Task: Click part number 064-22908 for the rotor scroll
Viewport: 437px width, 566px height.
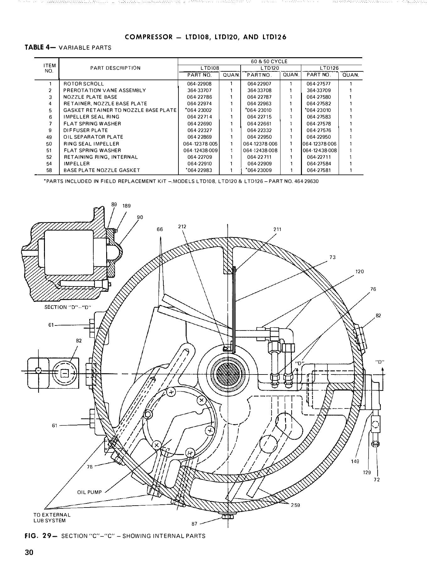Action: click(x=199, y=84)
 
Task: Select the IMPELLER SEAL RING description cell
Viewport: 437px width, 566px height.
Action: click(x=91, y=117)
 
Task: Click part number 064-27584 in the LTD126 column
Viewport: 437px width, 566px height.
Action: click(x=319, y=164)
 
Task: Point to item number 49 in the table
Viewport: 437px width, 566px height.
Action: click(x=50, y=137)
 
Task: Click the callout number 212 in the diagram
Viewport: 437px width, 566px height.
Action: click(x=182, y=226)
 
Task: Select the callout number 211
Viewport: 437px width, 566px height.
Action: click(x=277, y=229)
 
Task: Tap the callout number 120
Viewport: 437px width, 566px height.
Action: click(x=359, y=271)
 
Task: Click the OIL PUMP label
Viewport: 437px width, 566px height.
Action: click(x=90, y=492)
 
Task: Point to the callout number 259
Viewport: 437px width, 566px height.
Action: click(x=295, y=505)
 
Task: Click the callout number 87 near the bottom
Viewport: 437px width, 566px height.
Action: click(x=194, y=524)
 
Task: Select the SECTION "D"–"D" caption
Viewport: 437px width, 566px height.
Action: click(x=68, y=307)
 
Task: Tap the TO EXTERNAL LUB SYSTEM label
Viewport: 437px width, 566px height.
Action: click(x=52, y=518)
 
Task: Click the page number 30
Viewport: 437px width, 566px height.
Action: click(x=29, y=553)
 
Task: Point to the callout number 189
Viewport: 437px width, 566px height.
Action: click(x=127, y=206)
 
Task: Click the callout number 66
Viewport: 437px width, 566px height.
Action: click(x=160, y=230)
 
